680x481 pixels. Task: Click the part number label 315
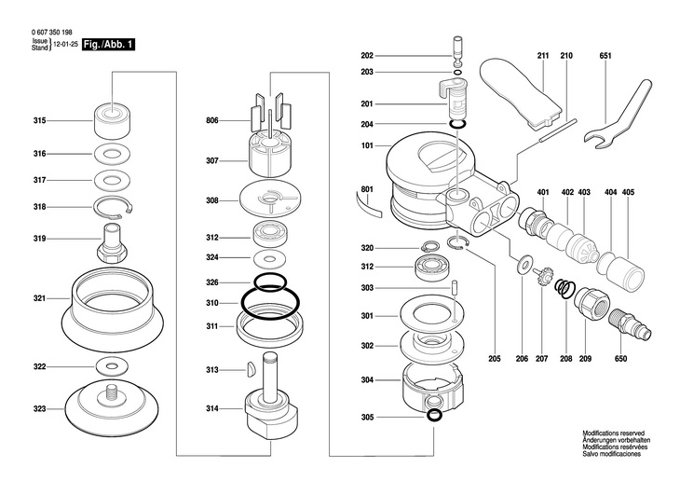39,120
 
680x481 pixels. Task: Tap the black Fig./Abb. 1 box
106,44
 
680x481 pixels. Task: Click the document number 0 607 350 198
57,31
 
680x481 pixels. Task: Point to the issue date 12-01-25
65,44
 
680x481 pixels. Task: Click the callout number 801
367,190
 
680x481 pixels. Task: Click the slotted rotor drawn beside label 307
271,159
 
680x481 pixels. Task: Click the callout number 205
494,358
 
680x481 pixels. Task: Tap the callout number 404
610,192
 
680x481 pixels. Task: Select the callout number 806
212,120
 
